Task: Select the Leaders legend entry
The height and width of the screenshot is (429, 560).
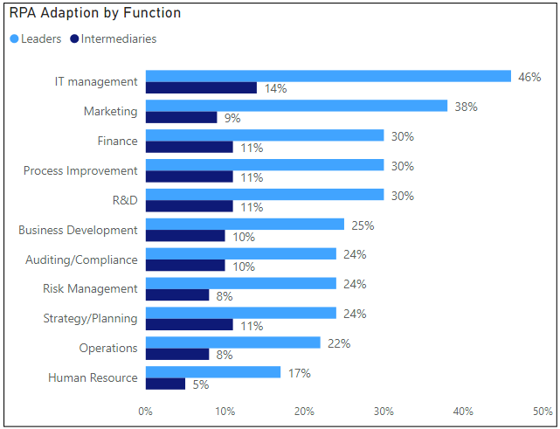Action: click(35, 38)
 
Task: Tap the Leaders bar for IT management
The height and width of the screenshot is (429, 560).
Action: click(328, 76)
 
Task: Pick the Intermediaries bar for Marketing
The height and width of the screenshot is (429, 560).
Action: click(181, 117)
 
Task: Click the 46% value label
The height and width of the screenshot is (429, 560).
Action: click(529, 77)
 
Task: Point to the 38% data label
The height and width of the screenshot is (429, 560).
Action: click(466, 107)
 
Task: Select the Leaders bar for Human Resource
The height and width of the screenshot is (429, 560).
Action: click(212, 372)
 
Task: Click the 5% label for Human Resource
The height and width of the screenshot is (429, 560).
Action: click(201, 384)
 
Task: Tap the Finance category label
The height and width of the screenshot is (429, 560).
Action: click(117, 141)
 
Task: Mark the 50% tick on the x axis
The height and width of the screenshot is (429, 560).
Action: click(542, 411)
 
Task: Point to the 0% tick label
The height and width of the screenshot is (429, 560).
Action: click(146, 411)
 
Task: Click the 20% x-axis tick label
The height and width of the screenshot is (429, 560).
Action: click(304, 411)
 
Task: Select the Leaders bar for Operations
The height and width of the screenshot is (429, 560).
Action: click(232, 343)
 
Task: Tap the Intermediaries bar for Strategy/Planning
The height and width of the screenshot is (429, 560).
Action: click(189, 324)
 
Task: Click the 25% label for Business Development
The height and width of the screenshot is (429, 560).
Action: click(363, 225)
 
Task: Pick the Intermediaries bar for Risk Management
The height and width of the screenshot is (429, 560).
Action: click(177, 294)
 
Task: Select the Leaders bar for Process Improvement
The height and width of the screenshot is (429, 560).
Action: click(264, 165)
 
